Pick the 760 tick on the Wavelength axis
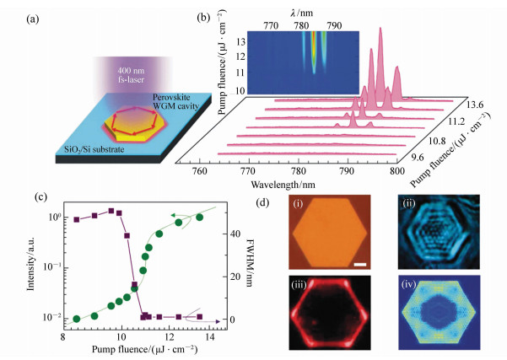[201, 172]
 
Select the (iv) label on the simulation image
[409, 284]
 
